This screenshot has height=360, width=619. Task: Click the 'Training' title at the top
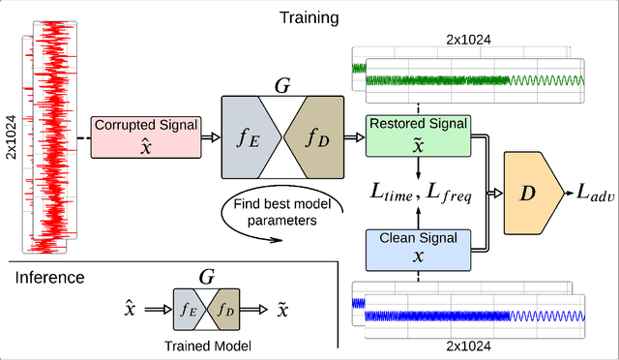310,17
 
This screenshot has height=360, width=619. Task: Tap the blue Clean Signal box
418,247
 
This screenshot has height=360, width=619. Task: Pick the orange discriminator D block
528,194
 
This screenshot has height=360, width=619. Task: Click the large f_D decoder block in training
317,137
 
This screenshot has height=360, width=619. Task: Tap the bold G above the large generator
282,86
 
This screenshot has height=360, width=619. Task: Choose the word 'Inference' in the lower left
49,279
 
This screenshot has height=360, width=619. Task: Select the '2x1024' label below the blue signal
470,345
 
